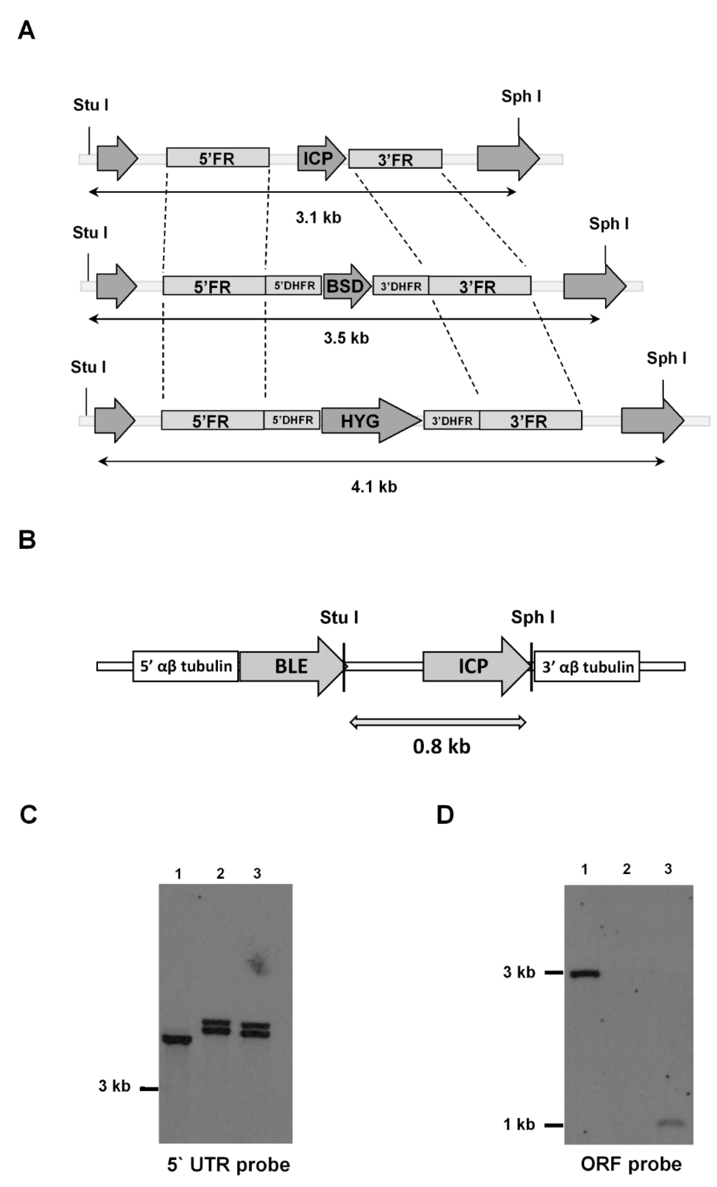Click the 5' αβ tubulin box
click(x=185, y=666)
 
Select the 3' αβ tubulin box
click(x=587, y=667)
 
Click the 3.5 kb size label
click(x=346, y=338)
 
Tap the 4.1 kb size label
click(x=374, y=487)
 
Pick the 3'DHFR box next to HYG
click(x=451, y=420)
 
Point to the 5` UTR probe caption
click(x=228, y=1165)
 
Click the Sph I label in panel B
click(x=532, y=617)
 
